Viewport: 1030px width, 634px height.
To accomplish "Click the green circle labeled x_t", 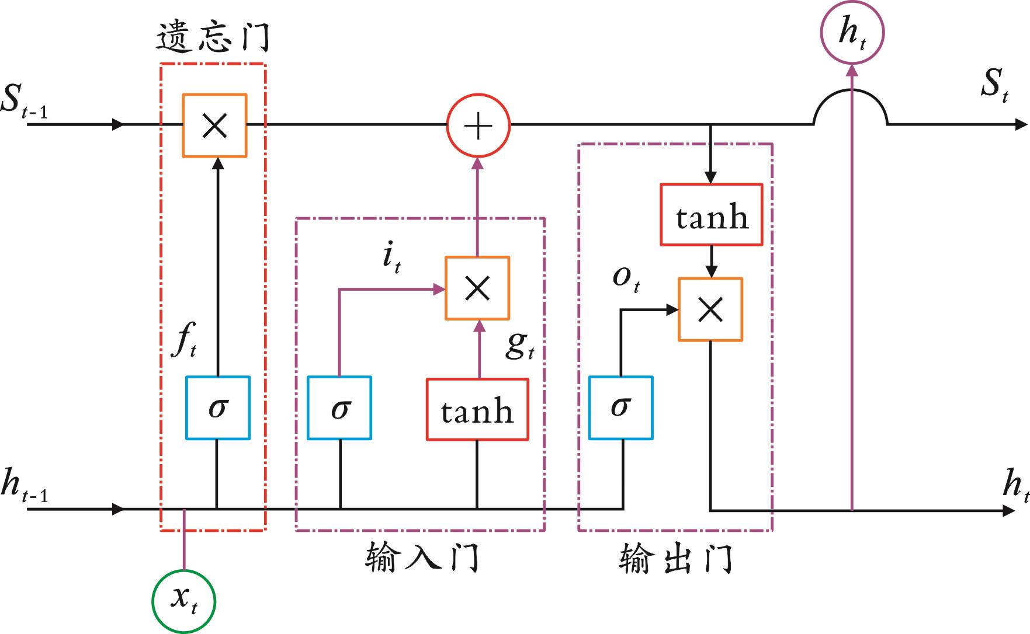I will pyautogui.click(x=183, y=601).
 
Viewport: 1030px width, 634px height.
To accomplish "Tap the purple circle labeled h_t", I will pyautogui.click(x=852, y=33).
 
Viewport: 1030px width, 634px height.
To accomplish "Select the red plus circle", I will pyautogui.click(x=478, y=126).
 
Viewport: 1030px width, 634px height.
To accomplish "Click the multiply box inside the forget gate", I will pyautogui.click(x=214, y=126).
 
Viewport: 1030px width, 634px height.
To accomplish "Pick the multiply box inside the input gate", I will pyautogui.click(x=477, y=288).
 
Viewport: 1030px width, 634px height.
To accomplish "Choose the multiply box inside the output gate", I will pyautogui.click(x=710, y=309).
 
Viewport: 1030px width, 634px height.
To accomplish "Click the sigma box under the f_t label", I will pyautogui.click(x=217, y=407).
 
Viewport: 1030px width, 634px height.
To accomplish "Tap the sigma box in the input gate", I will pyautogui.click(x=339, y=407).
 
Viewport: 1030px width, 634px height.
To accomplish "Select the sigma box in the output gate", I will pyautogui.click(x=620, y=407).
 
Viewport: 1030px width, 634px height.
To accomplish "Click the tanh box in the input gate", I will pyautogui.click(x=477, y=410).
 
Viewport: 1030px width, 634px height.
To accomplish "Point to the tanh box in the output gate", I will pyautogui.click(x=712, y=215).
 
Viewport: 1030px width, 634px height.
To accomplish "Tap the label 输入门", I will pyautogui.click(x=422, y=558).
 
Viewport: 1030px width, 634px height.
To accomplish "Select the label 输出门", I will pyautogui.click(x=675, y=559).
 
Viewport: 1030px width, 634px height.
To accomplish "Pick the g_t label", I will pyautogui.click(x=519, y=346).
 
